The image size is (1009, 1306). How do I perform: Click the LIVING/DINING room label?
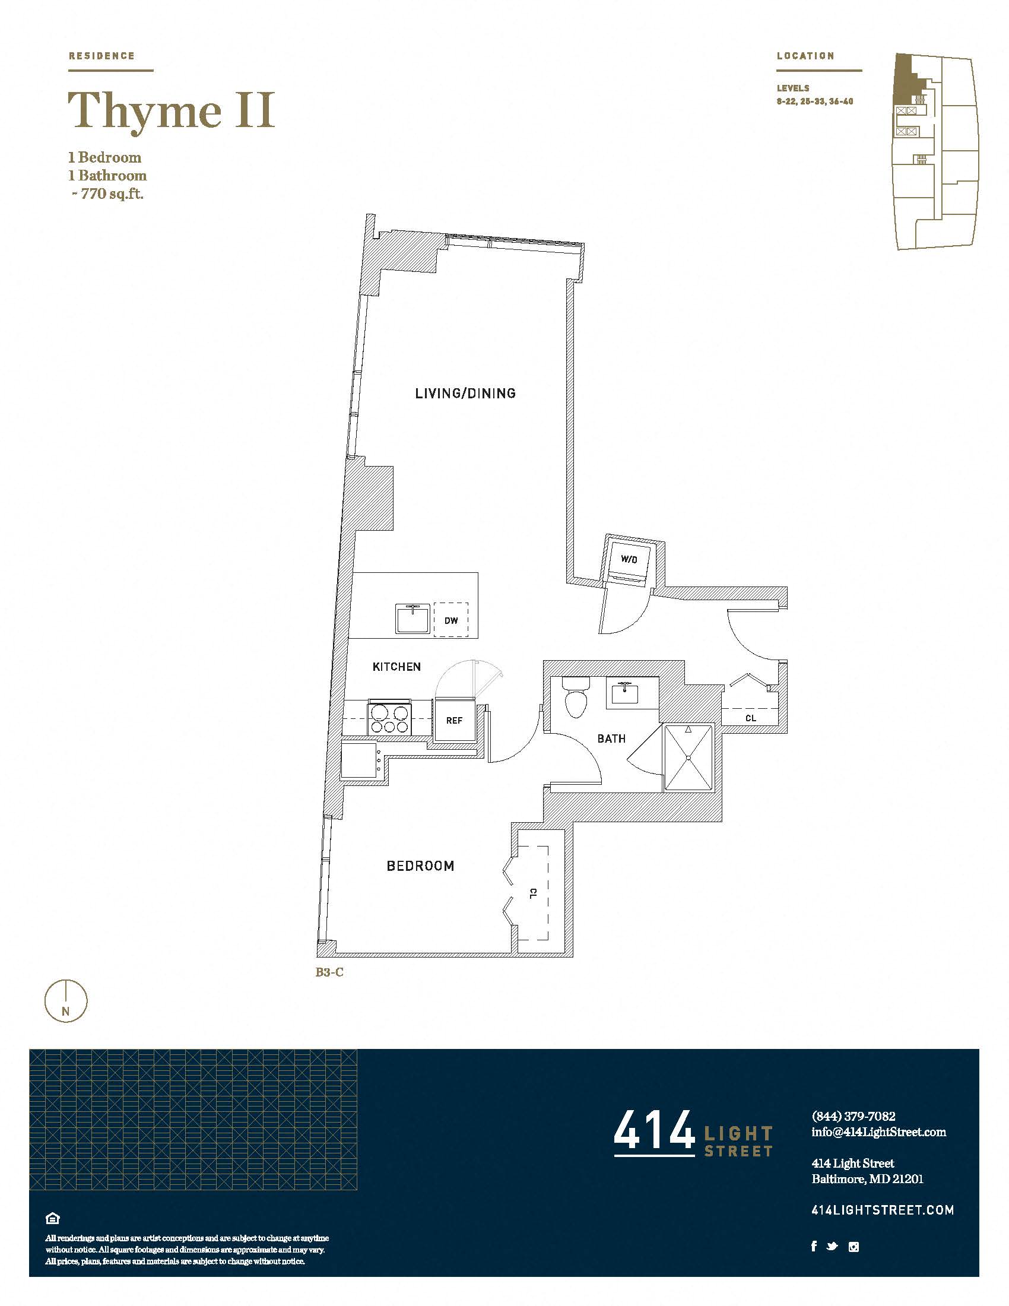pyautogui.click(x=465, y=394)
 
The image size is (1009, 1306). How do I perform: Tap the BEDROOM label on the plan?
pyautogui.click(x=420, y=866)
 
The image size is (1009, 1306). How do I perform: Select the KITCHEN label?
pyautogui.click(x=396, y=667)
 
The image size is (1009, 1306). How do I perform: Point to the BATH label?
pyautogui.click(x=611, y=738)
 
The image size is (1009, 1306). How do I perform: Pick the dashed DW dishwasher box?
pyautogui.click(x=450, y=620)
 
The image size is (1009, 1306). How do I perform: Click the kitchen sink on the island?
pyautogui.click(x=413, y=618)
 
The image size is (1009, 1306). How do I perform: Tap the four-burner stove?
pyautogui.click(x=390, y=717)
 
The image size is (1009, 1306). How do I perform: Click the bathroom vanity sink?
pyautogui.click(x=624, y=692)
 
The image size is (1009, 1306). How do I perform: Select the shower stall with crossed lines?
pyautogui.click(x=688, y=757)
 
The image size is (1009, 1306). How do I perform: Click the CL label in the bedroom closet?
pyautogui.click(x=533, y=893)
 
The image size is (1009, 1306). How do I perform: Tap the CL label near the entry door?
pyautogui.click(x=751, y=718)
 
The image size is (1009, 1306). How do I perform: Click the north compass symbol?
pyautogui.click(x=66, y=1001)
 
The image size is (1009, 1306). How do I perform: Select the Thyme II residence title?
pyautogui.click(x=172, y=111)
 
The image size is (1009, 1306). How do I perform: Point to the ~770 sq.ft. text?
pyautogui.click(x=107, y=194)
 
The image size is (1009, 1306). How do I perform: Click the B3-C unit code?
pyautogui.click(x=329, y=972)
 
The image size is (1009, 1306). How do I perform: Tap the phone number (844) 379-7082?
pyautogui.click(x=853, y=1116)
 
